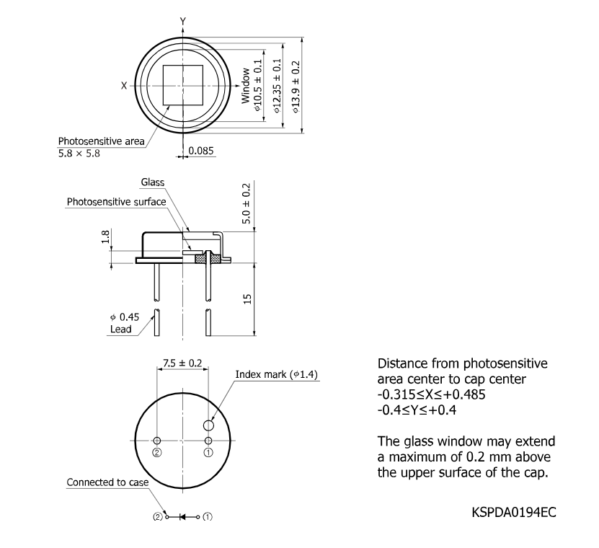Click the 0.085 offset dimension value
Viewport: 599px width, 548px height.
[201, 151]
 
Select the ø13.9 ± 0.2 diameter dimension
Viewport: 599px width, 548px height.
[296, 87]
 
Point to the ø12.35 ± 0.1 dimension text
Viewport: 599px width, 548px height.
[277, 86]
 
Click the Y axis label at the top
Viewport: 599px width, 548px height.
[183, 22]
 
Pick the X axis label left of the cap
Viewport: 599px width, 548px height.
[124, 86]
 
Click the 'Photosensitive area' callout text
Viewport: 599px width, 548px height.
[101, 141]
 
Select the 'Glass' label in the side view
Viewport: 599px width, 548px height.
[152, 182]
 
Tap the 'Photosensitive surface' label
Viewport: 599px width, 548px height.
[116, 202]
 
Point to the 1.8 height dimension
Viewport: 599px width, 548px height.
[106, 237]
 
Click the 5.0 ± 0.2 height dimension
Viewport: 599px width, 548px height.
[247, 203]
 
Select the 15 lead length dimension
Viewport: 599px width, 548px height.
[247, 299]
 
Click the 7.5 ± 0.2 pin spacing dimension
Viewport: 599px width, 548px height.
[182, 363]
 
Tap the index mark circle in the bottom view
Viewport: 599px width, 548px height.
[208, 425]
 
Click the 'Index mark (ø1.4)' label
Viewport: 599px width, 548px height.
[276, 374]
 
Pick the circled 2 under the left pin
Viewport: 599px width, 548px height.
[157, 453]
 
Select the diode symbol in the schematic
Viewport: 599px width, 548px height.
[182, 517]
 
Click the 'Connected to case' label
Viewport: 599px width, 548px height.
[107, 482]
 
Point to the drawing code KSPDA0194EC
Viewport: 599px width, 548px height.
[514, 512]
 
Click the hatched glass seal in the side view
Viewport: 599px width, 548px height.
[208, 259]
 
